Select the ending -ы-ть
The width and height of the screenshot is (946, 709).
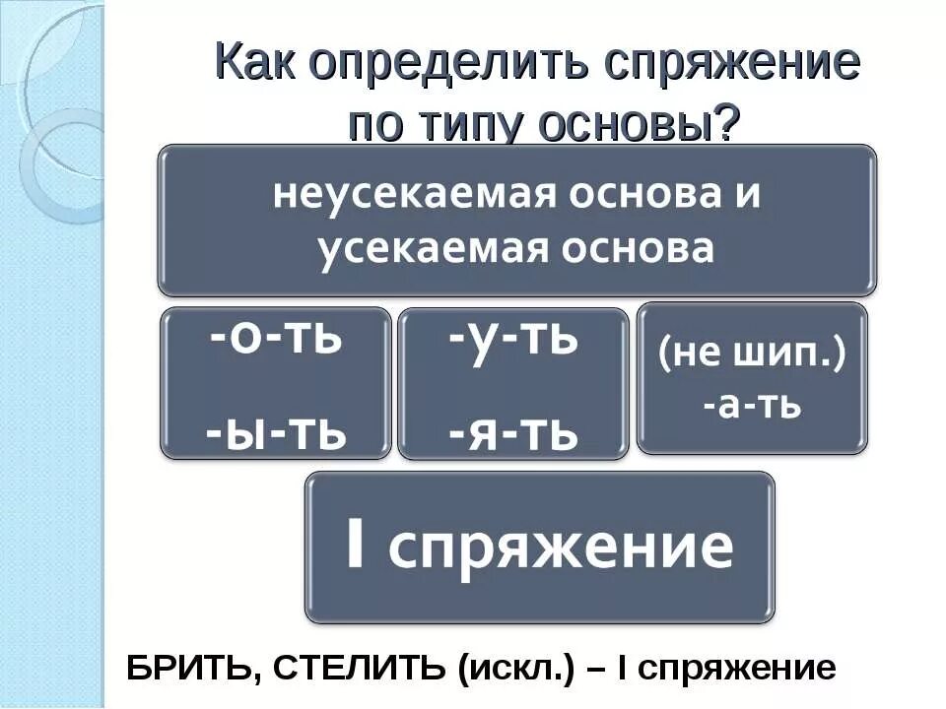pos(277,431)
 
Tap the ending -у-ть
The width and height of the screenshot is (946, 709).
pos(512,339)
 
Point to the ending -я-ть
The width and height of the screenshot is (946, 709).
pos(512,431)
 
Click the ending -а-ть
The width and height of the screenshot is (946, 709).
pos(753,407)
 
